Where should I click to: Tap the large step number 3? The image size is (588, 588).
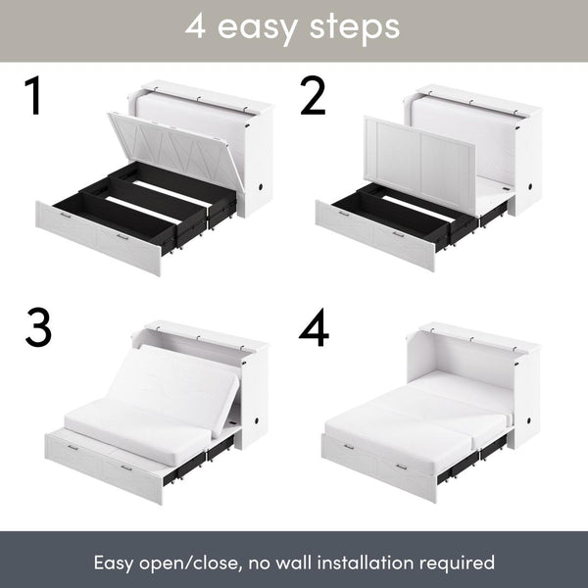[37, 329]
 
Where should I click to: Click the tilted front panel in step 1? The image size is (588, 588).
[176, 147]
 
